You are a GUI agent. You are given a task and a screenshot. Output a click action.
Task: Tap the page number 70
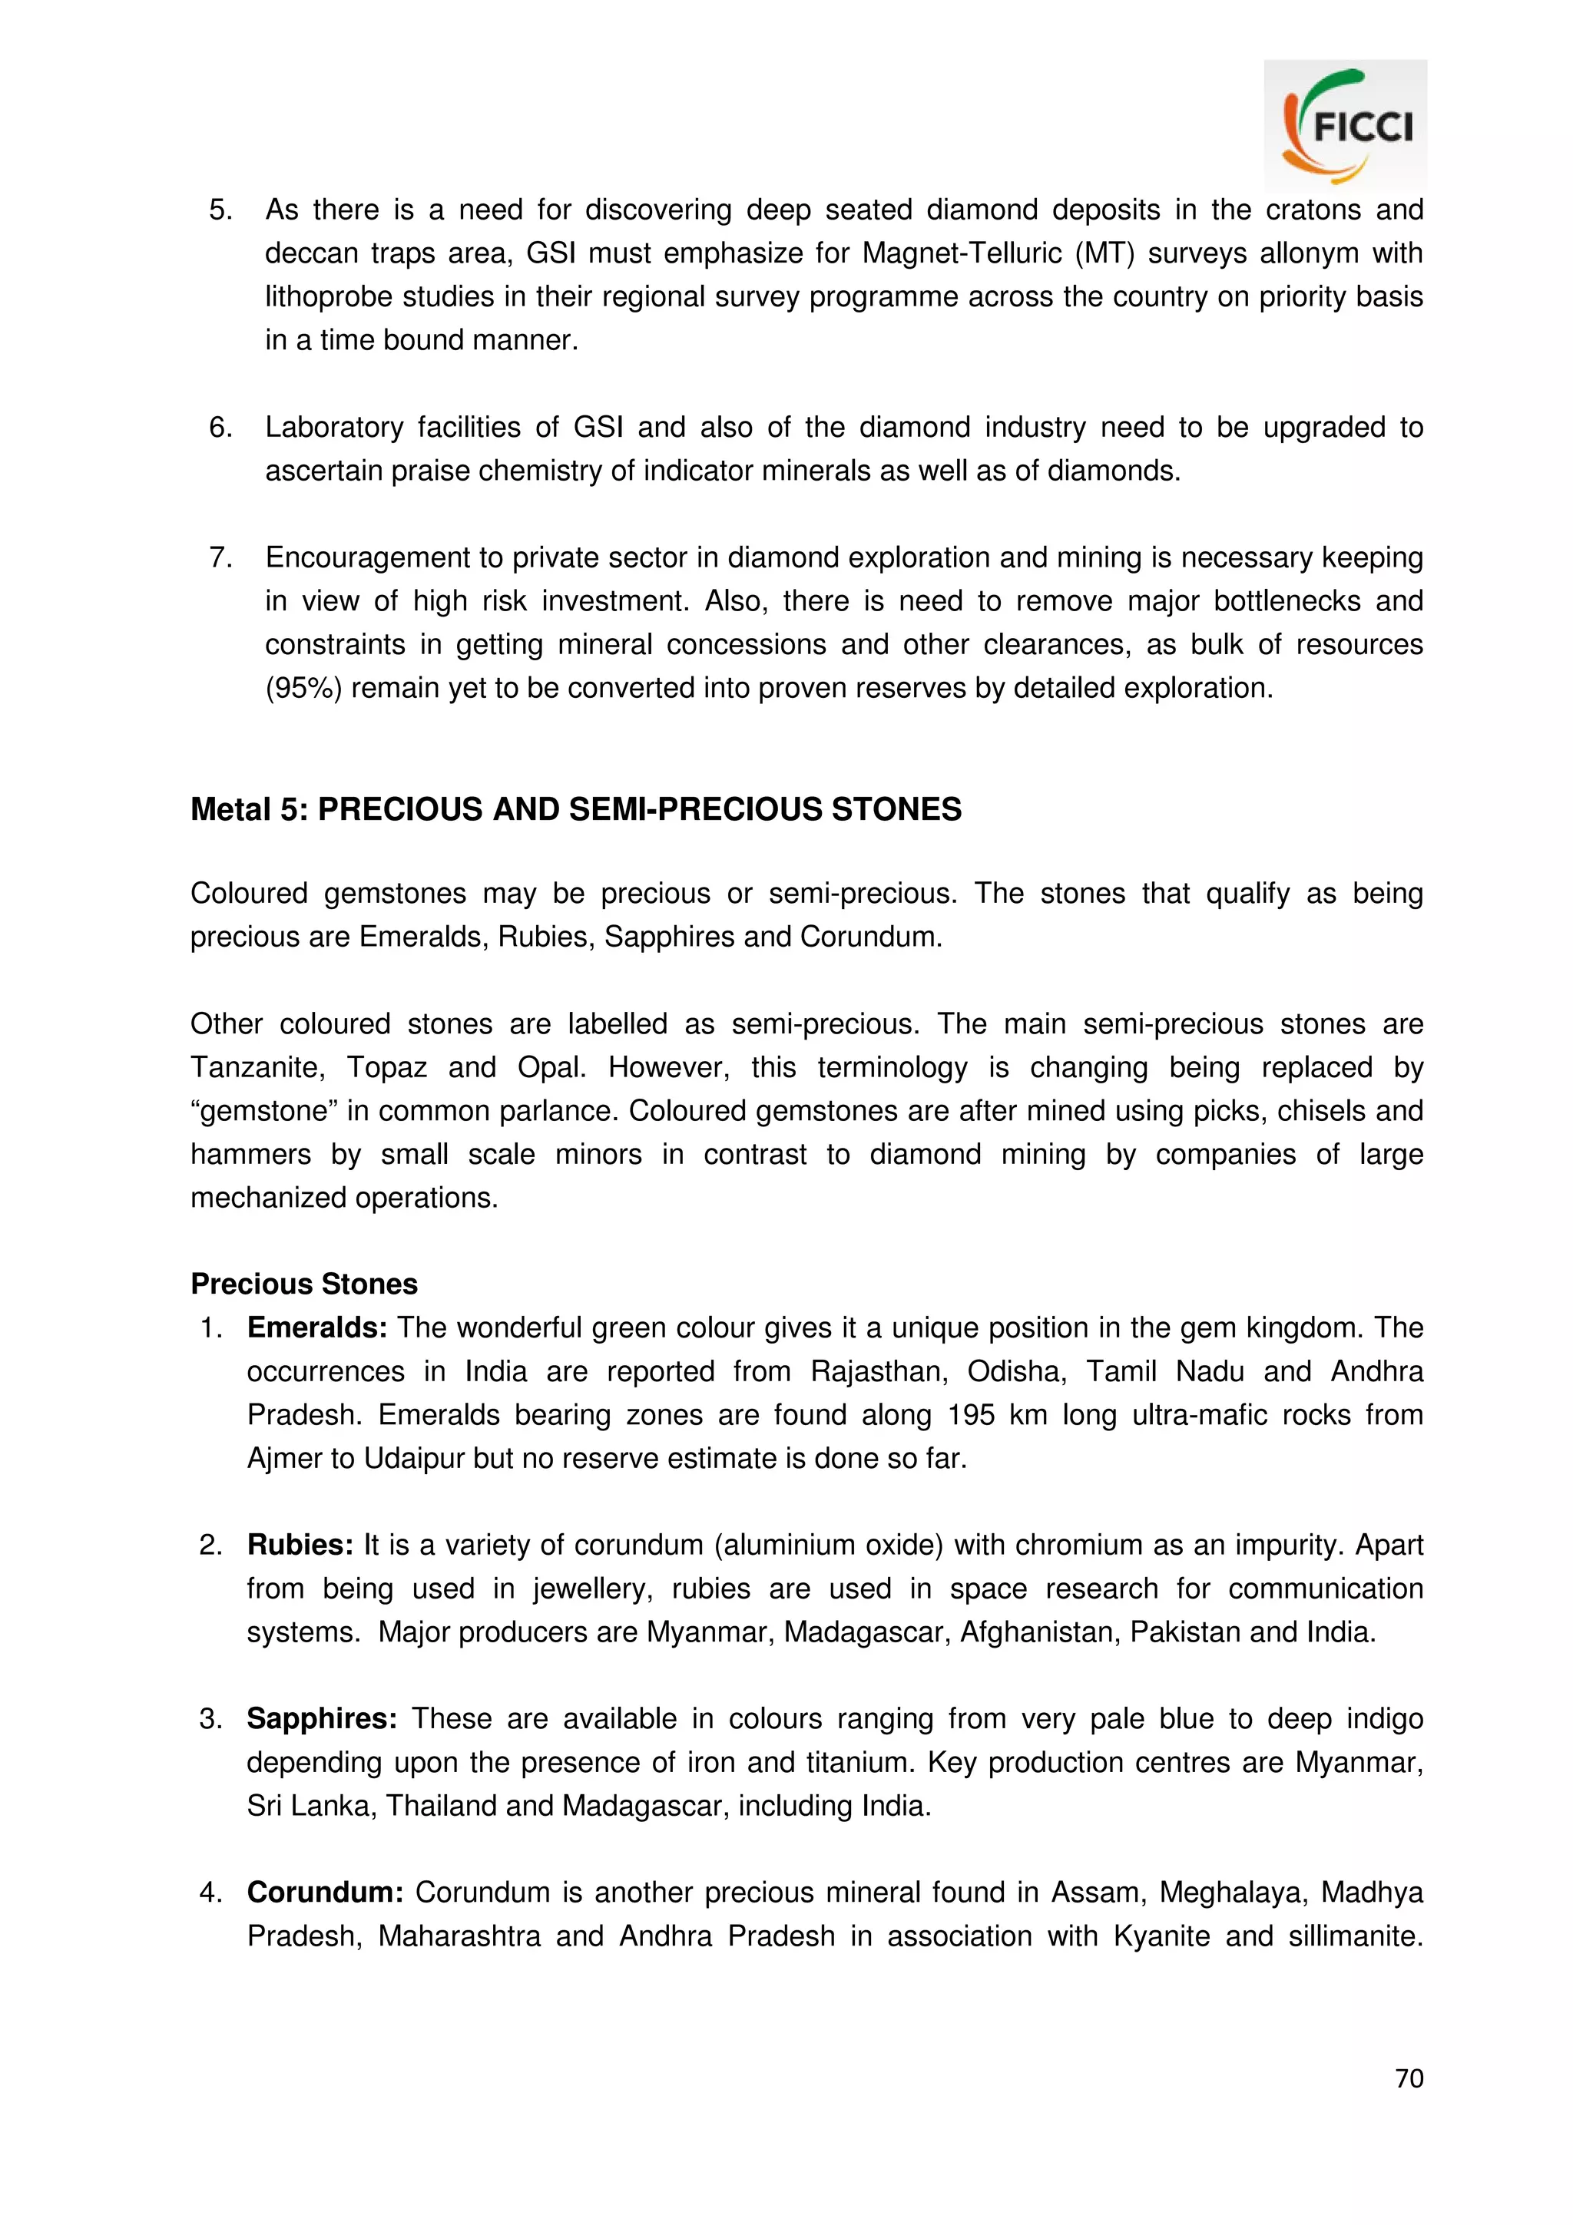[1408, 2078]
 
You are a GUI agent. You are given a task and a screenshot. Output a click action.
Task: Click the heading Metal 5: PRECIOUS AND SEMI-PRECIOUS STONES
[576, 809]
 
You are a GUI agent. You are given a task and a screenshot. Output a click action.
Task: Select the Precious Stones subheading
[303, 1284]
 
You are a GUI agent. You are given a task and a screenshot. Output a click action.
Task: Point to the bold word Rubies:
[300, 1545]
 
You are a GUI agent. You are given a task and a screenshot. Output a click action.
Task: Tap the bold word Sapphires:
[322, 1718]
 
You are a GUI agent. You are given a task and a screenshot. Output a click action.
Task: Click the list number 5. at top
[221, 210]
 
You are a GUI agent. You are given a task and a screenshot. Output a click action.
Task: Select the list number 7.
[221, 557]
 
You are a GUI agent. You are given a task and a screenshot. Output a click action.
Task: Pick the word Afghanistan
[1040, 1632]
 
